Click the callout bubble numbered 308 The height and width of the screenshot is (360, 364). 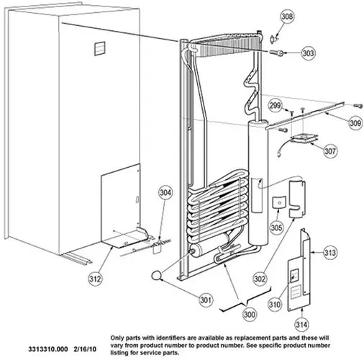pos(287,17)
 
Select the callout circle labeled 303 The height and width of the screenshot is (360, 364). pos(308,53)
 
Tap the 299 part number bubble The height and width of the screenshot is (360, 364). pos(275,105)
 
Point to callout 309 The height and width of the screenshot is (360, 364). pos(355,123)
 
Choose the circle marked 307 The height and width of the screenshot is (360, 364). pos(330,151)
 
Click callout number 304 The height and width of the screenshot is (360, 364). pos(165,192)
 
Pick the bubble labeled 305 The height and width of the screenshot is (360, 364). pos(276,228)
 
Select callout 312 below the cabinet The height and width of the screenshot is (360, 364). pos(95,279)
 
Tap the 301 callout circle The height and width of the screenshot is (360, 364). pos(206,300)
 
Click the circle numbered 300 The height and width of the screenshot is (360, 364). pos(250,314)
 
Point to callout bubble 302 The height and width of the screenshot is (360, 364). pos(260,279)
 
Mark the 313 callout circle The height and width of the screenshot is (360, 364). pos(330,253)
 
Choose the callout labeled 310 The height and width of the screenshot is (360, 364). pos(274,305)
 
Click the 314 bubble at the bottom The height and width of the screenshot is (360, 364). pos(301,325)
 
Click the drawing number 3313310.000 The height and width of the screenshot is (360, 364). pos(48,349)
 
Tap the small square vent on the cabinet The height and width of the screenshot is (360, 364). pos(100,48)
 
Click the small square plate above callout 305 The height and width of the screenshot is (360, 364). pos(279,202)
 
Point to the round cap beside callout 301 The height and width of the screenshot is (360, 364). pos(157,275)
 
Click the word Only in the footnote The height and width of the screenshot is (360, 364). pos(117,338)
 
